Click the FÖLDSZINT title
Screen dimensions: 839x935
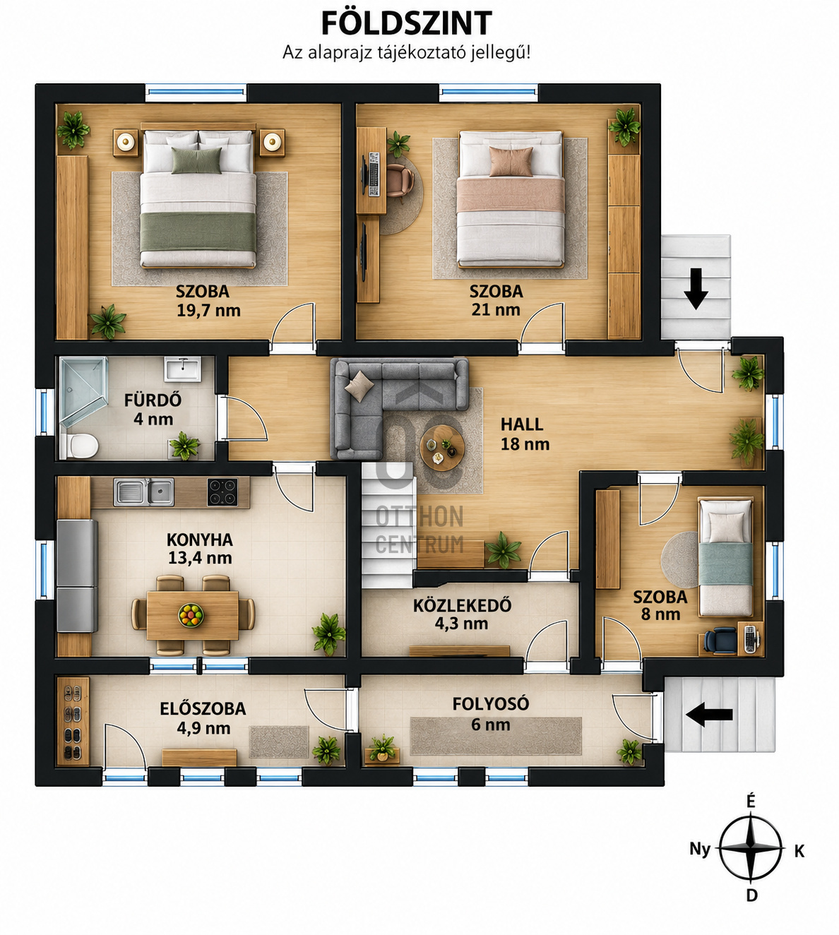click(x=406, y=23)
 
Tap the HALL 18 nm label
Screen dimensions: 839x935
click(x=525, y=434)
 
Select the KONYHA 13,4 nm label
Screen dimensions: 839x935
click(x=200, y=549)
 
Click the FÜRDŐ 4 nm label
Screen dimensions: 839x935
click(x=153, y=410)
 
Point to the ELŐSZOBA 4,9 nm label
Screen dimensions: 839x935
click(x=203, y=718)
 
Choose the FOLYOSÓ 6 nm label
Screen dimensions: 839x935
click(x=491, y=714)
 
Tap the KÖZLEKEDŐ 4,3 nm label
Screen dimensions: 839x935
click(x=462, y=614)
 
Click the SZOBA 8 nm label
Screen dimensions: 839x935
click(x=660, y=605)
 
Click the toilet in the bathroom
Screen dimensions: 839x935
click(x=79, y=446)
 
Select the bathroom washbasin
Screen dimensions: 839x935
click(x=182, y=369)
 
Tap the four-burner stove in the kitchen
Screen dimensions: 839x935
click(x=222, y=492)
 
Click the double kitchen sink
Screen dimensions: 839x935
click(x=144, y=492)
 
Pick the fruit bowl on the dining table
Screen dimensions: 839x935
click(x=191, y=615)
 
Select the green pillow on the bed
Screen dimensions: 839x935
click(x=196, y=160)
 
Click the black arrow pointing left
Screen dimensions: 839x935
click(x=709, y=715)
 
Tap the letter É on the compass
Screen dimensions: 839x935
click(x=751, y=801)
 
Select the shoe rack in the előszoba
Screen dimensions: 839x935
click(x=73, y=721)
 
